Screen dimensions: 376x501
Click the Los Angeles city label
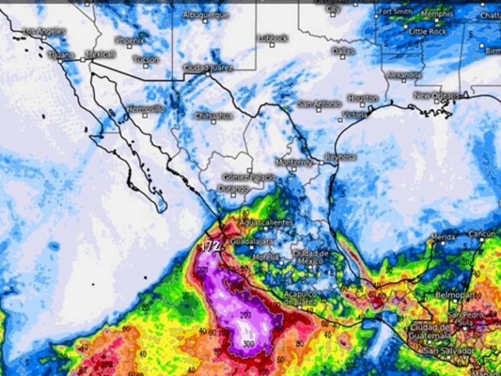44,31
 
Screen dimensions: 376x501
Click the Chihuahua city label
213,116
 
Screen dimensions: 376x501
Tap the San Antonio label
319,104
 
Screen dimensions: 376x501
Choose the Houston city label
363,98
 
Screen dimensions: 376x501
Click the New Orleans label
437,95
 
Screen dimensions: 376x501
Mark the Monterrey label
294,162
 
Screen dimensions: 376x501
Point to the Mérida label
444,237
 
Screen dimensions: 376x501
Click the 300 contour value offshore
247,343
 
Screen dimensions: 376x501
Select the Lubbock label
273,39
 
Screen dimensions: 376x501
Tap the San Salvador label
448,351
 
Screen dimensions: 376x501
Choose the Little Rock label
428,31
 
